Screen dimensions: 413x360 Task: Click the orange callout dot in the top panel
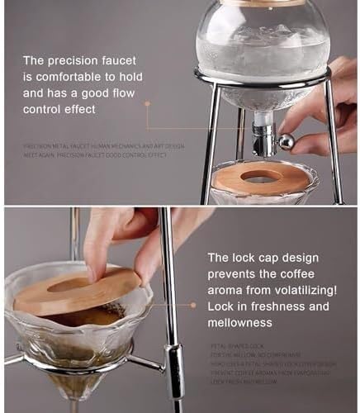tap(147, 104)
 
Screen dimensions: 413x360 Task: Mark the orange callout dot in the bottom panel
tap(192, 304)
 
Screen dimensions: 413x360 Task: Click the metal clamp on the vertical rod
tap(175, 362)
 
